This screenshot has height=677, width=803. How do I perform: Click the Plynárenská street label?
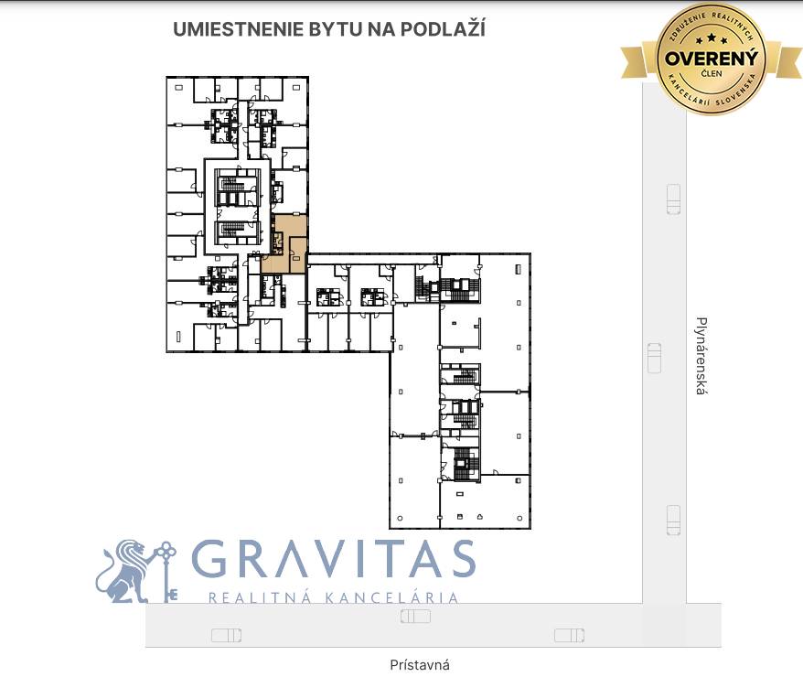[701, 356]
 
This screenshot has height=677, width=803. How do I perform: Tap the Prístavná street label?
[420, 665]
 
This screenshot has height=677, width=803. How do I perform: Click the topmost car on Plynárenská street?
[674, 198]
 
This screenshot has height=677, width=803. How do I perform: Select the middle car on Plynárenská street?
[654, 357]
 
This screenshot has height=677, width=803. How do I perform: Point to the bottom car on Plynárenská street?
[674, 521]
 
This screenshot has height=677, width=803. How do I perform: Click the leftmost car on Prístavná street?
[226, 635]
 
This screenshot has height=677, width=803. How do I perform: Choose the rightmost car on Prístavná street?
[569, 635]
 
